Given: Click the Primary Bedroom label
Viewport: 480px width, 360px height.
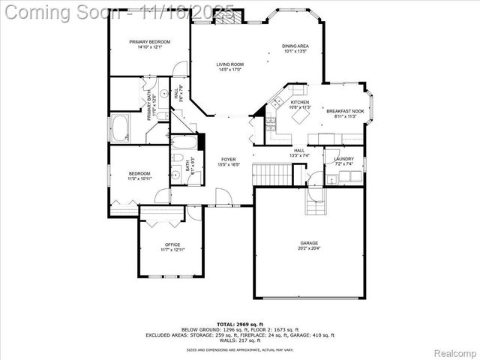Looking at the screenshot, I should click(x=148, y=42).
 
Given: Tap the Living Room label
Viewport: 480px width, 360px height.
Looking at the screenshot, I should click(x=230, y=64).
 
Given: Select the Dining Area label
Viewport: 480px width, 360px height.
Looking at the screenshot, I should click(x=295, y=46).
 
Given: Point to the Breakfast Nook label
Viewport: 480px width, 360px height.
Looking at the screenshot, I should click(x=345, y=111).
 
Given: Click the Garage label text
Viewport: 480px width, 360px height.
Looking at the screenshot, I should click(x=309, y=244).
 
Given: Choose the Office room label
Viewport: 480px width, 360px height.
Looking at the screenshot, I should click(x=172, y=245).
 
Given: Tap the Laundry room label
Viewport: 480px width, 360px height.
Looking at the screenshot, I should click(x=344, y=158).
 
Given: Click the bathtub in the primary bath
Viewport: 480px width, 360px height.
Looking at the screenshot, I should click(x=120, y=127).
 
